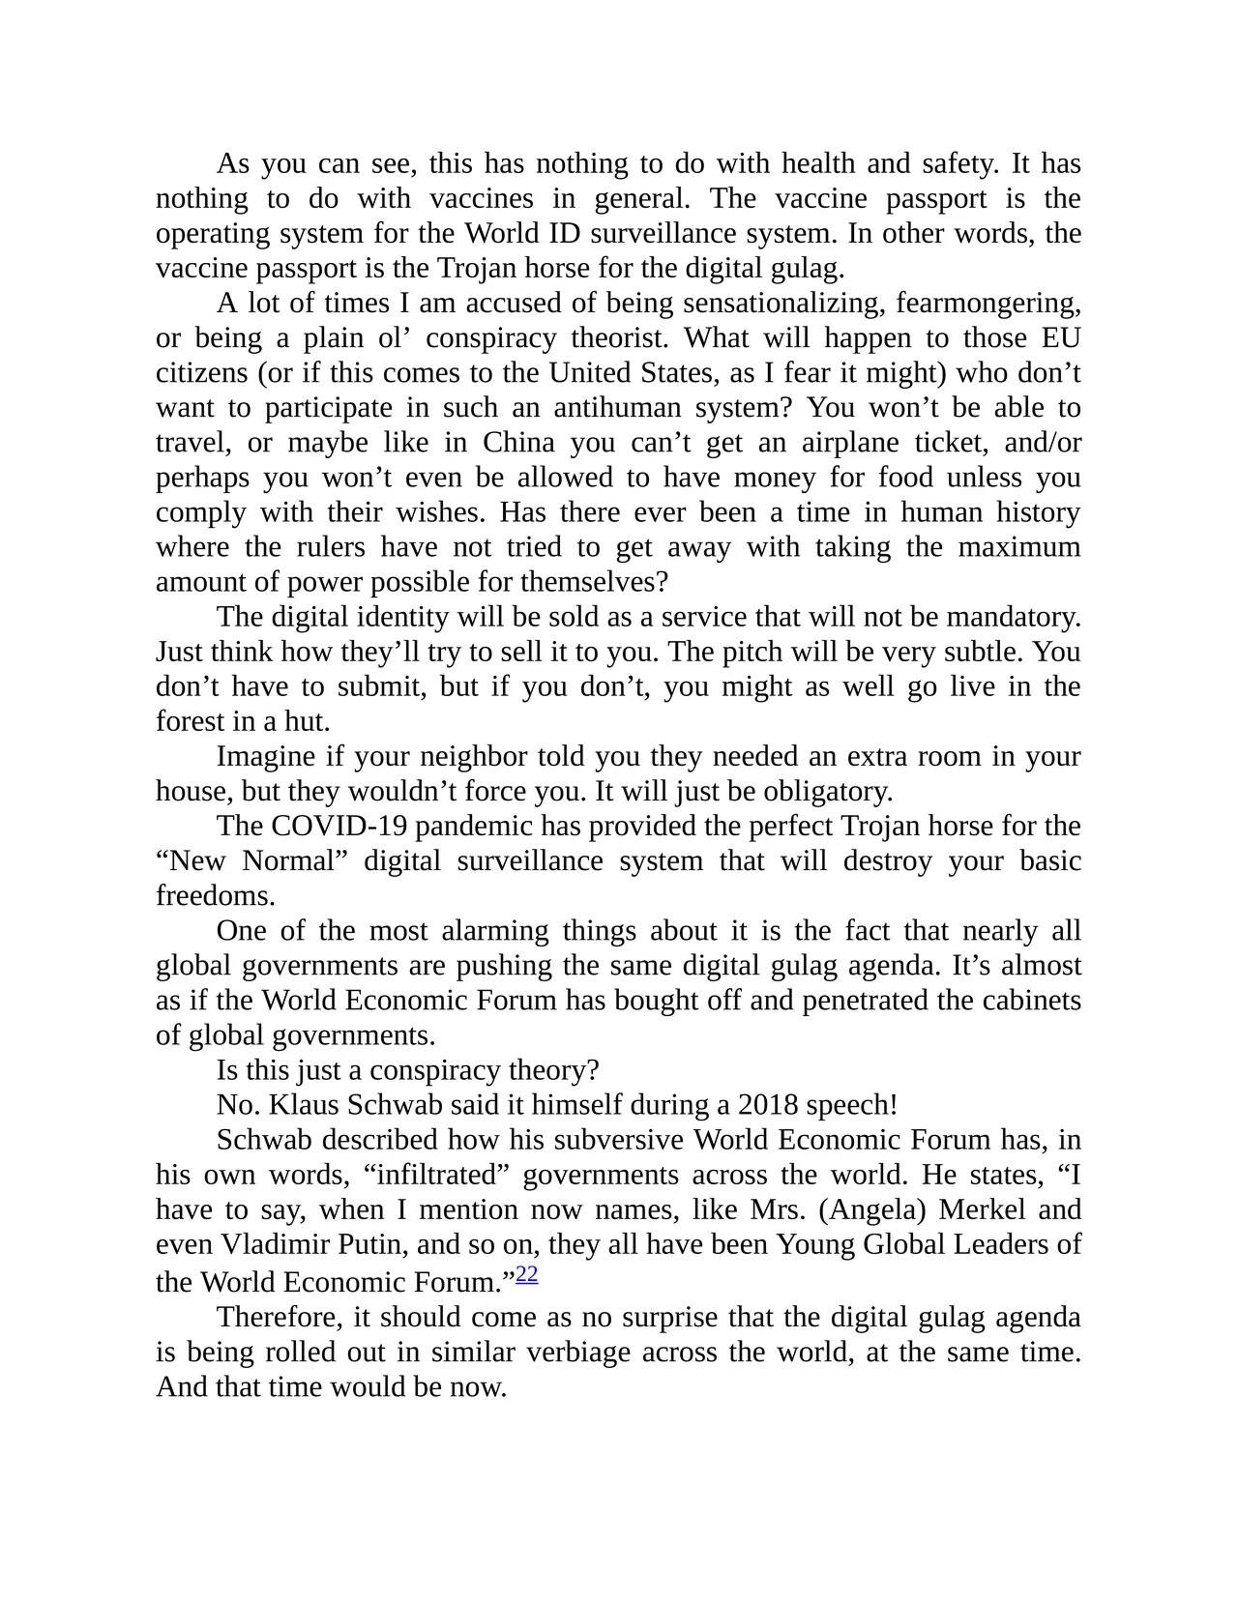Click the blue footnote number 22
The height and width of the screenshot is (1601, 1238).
527,1274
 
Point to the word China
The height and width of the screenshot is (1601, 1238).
518,443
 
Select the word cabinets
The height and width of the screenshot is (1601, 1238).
1031,1001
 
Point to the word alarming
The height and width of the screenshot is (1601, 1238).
494,931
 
